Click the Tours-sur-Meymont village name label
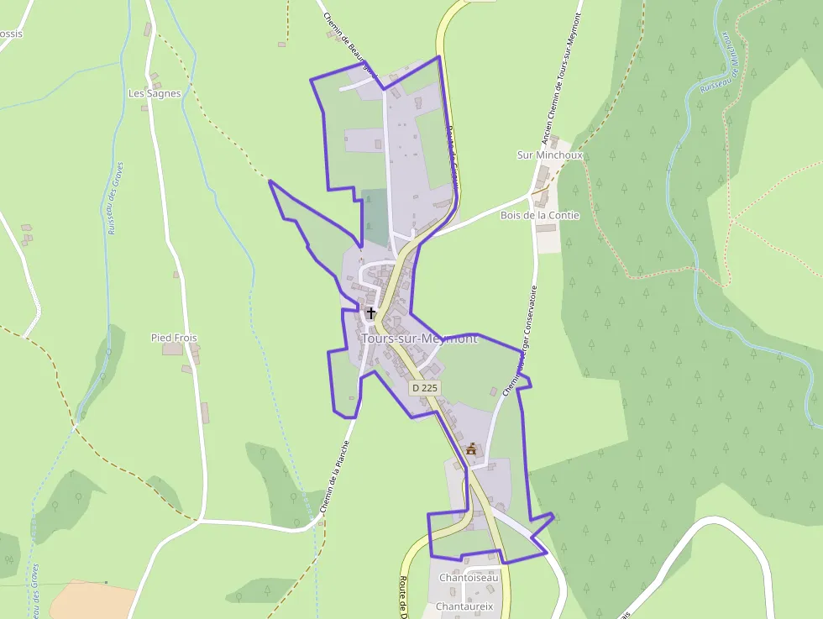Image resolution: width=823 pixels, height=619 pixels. pyautogui.click(x=419, y=338)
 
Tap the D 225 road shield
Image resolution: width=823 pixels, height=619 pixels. pyautogui.click(x=425, y=388)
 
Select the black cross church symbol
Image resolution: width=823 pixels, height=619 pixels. pyautogui.click(x=371, y=313)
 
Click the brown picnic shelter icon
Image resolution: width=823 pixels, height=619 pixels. pyautogui.click(x=471, y=449)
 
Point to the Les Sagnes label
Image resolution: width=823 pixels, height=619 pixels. pyautogui.click(x=155, y=93)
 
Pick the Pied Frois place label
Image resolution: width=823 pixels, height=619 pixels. pyautogui.click(x=174, y=338)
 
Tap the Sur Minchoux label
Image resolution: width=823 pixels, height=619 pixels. pyautogui.click(x=549, y=155)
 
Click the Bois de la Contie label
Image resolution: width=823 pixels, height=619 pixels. pyautogui.click(x=539, y=215)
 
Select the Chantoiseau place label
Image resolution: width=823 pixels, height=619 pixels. pyautogui.click(x=469, y=578)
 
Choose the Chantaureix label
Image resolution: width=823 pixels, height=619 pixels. pyautogui.click(x=464, y=606)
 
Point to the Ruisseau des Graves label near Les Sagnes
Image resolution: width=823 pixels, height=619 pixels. pyautogui.click(x=115, y=197)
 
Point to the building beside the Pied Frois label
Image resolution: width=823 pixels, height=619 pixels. pyautogui.click(x=172, y=349)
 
